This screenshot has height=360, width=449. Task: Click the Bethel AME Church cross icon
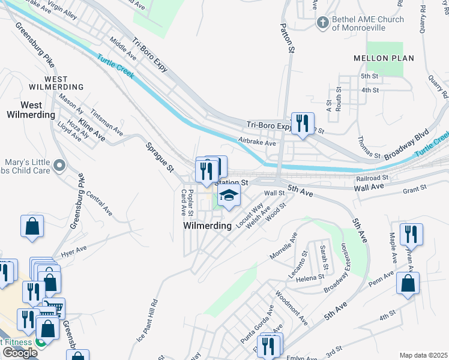coord(322,23)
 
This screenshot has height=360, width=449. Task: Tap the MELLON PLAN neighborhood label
coord(392,58)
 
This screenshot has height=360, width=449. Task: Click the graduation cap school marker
coord(229,195)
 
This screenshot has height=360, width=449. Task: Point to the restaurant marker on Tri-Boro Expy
coord(302,124)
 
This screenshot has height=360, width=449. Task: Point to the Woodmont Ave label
coord(292,308)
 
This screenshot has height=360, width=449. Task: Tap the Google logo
coord(19,353)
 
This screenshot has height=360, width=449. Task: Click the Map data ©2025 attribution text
coord(423,355)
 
